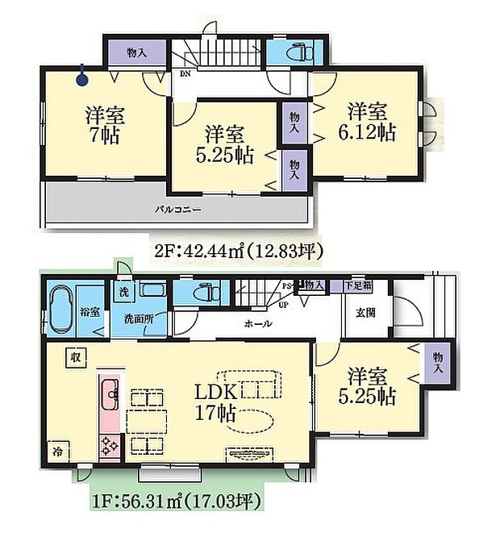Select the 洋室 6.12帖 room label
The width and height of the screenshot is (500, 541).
pos(371,121)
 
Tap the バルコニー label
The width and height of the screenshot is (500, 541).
pos(178,210)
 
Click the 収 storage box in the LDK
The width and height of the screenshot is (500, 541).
pos(73,356)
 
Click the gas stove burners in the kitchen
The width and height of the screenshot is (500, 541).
pos(109,444)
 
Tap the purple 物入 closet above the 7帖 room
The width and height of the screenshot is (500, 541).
pos(136,53)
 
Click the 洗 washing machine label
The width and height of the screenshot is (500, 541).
pos(124,291)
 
